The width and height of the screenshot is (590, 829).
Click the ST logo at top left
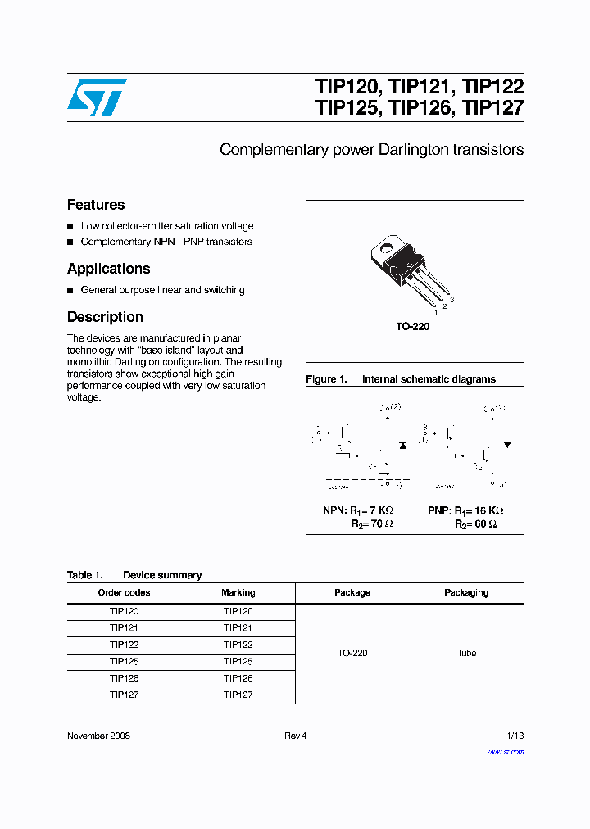[97, 97]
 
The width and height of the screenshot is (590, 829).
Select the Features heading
[96, 205]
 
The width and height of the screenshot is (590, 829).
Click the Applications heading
[108, 269]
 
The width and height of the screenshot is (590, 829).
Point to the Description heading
[105, 317]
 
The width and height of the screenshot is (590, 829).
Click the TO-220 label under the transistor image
[413, 326]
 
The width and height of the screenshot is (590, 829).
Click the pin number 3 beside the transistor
[452, 301]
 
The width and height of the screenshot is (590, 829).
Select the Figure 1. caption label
[326, 379]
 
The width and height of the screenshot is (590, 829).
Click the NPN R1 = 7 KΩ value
[358, 510]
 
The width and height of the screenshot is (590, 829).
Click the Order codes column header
[124, 592]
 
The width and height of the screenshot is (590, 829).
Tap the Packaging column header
[466, 592]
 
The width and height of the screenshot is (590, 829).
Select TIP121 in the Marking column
[238, 628]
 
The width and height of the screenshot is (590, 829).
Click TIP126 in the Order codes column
[124, 678]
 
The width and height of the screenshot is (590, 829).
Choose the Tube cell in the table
[466, 653]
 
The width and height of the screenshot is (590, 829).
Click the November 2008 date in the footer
[98, 736]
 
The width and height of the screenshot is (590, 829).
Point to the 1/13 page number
[513, 736]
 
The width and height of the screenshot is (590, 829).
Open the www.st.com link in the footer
[505, 752]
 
